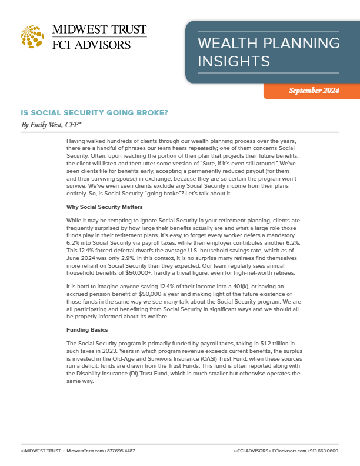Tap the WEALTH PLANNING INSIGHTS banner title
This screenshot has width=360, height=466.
(268, 52)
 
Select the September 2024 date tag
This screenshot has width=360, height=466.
(314, 91)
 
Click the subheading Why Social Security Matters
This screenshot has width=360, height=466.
(103, 207)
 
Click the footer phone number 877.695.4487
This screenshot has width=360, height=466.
(122, 451)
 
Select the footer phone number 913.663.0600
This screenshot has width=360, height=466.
(324, 451)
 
